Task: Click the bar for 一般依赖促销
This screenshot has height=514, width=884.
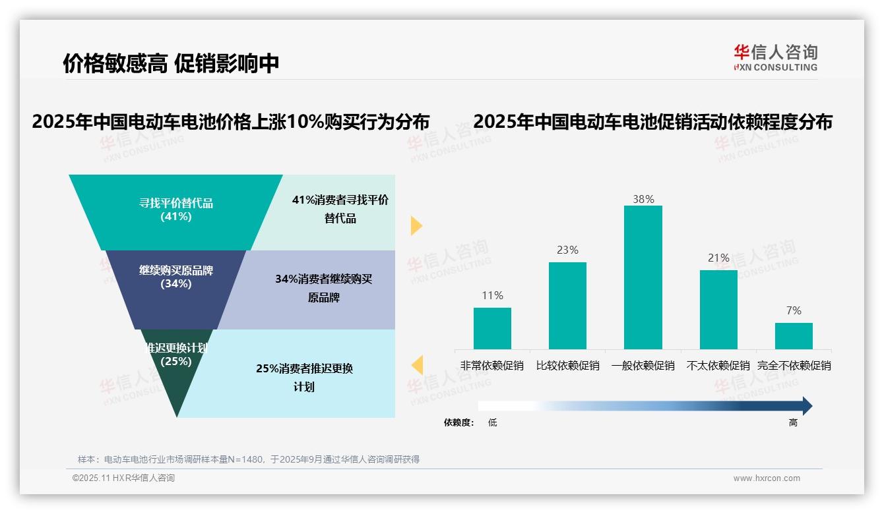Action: [643, 277]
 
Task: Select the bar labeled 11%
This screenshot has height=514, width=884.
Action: [492, 328]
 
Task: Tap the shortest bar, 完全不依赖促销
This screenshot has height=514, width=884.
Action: [794, 336]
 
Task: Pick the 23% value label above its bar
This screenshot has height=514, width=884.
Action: [567, 250]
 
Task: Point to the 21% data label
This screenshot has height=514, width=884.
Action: [718, 258]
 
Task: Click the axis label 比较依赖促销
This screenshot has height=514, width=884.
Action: [567, 366]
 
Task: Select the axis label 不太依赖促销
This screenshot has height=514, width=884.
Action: [718, 366]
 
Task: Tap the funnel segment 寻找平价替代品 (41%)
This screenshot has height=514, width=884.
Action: [176, 210]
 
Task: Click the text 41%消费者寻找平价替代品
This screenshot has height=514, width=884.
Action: [340, 209]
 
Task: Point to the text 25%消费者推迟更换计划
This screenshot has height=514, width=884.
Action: [304, 377]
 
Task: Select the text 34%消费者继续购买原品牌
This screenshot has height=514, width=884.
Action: [323, 288]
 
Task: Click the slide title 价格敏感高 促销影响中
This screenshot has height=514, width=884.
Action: [171, 63]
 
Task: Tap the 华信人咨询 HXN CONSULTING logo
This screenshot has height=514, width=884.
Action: [775, 57]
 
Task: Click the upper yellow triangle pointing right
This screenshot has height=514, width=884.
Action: [416, 226]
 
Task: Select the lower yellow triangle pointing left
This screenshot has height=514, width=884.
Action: [417, 365]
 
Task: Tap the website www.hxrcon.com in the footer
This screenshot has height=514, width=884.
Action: [767, 478]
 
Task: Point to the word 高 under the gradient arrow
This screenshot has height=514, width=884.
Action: [793, 423]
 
